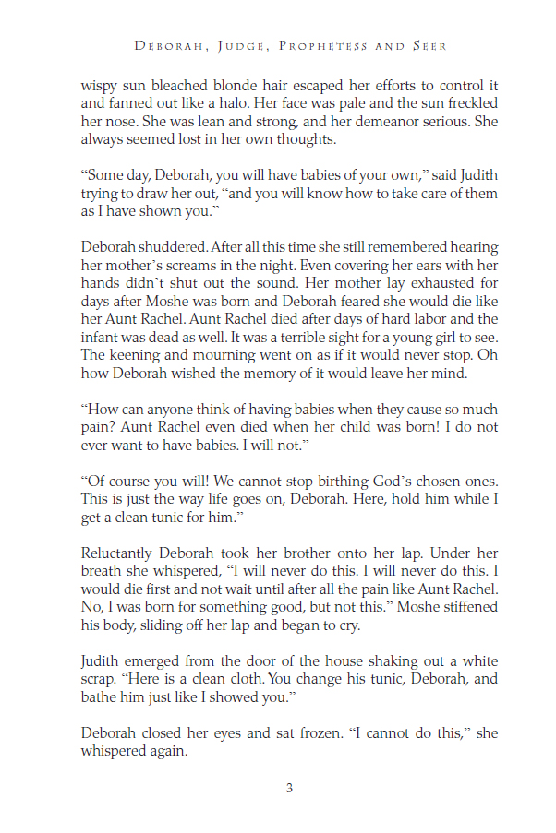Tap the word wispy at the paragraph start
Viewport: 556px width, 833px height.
pos(102,82)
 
